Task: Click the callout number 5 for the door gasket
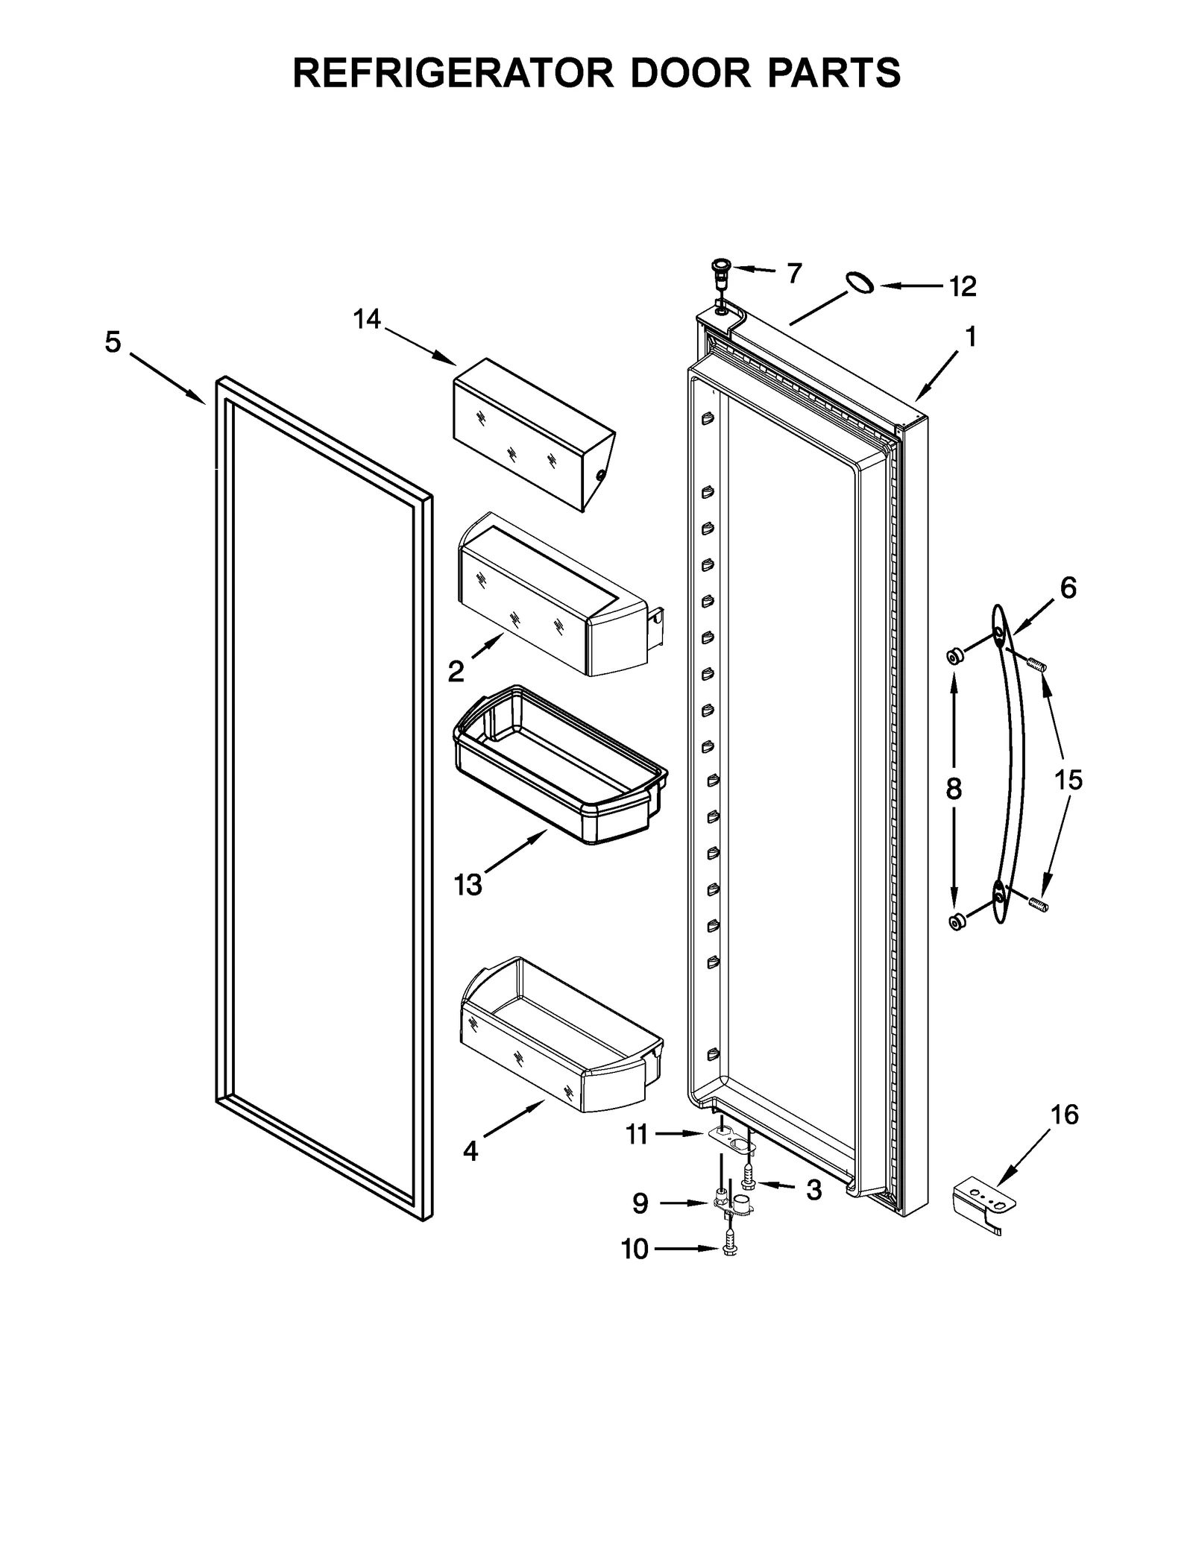click(113, 343)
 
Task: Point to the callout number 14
click(366, 320)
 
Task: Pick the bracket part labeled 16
click(983, 1209)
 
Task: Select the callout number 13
click(468, 885)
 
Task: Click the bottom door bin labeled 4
click(561, 1036)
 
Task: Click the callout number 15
click(1068, 781)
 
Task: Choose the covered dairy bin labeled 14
click(532, 433)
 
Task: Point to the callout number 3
click(813, 1191)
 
